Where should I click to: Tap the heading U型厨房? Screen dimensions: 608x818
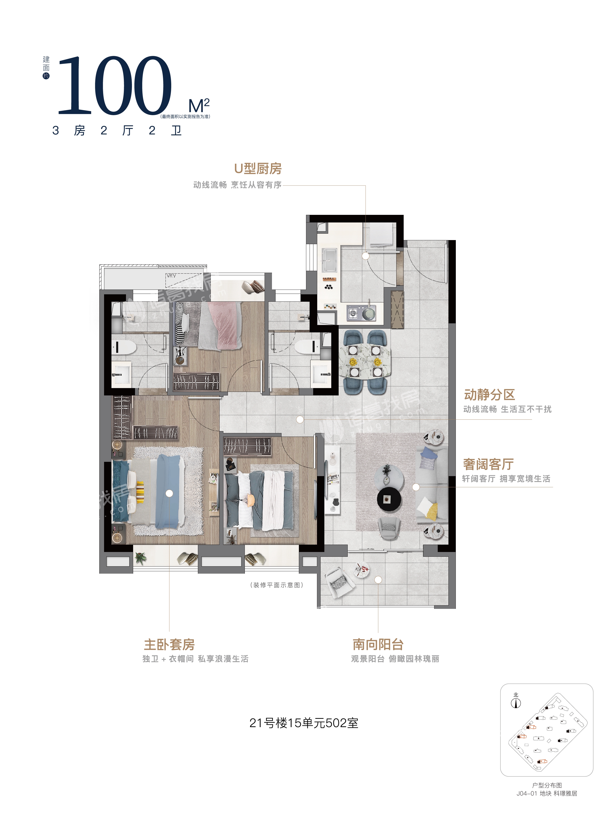click(258, 168)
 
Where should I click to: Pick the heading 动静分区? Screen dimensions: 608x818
click(489, 395)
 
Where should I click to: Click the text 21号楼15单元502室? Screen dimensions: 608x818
click(304, 723)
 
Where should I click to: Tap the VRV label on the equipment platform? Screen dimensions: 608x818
click(171, 275)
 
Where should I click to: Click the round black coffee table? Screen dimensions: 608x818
click(389, 499)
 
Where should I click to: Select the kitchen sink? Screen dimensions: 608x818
click(329, 260)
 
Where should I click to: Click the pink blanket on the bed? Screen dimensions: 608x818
click(225, 325)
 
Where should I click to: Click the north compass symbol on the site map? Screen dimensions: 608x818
click(516, 703)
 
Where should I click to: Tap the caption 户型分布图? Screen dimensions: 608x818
click(547, 785)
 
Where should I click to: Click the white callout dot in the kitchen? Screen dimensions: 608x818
click(366, 256)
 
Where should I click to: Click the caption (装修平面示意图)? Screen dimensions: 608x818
click(277, 585)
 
